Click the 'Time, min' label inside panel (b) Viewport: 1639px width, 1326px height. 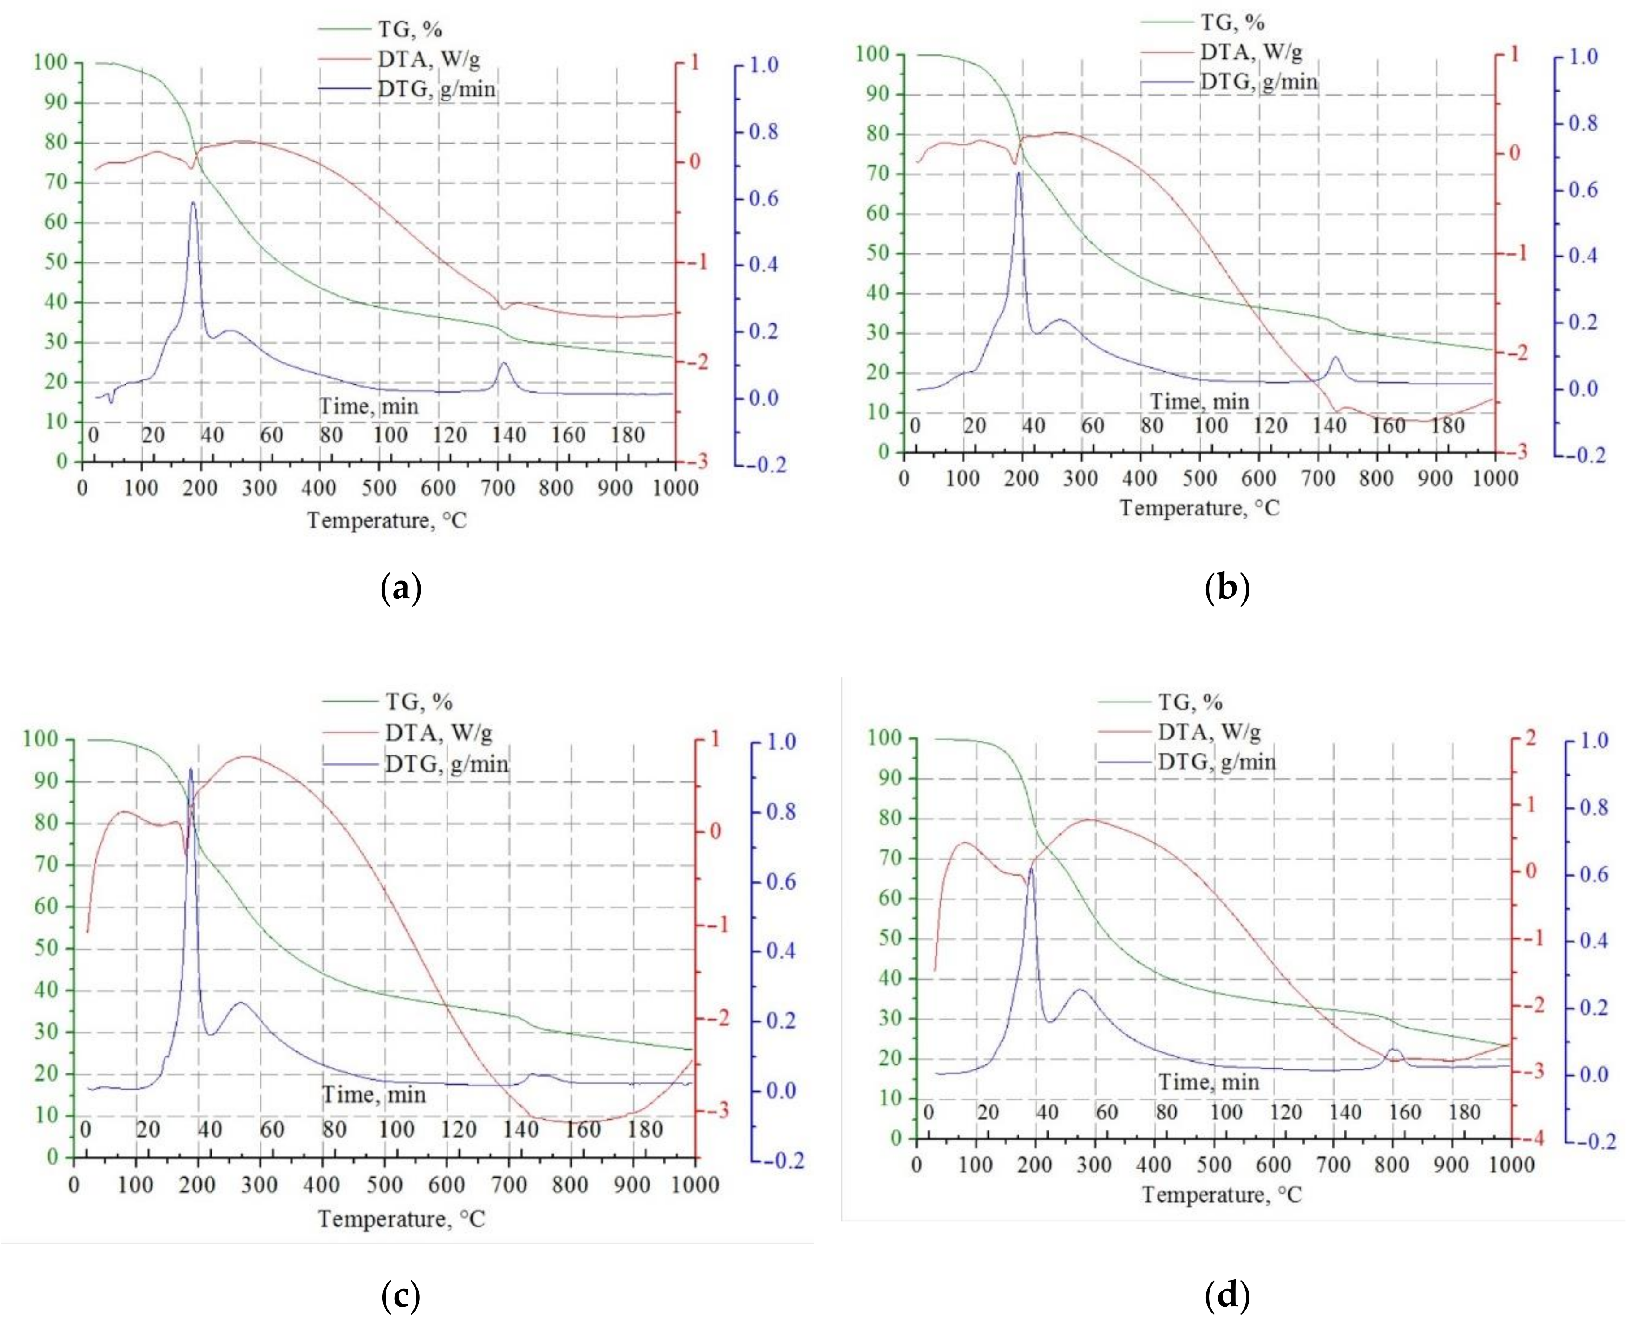point(1199,401)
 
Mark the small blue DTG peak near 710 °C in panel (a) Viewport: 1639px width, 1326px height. point(503,364)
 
